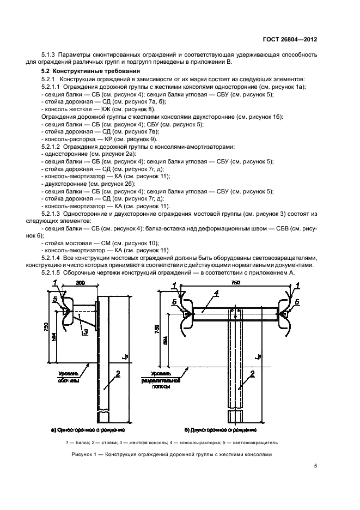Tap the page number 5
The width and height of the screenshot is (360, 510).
(x=315, y=465)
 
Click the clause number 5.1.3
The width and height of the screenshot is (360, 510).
(x=50, y=54)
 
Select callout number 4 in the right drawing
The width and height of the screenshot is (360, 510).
(x=216, y=294)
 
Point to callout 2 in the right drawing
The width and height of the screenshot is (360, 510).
(x=252, y=374)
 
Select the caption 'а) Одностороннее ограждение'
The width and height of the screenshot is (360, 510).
(x=83, y=430)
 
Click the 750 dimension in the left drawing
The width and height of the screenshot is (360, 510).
(x=46, y=328)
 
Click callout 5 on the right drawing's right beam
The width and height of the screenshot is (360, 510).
(x=297, y=301)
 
